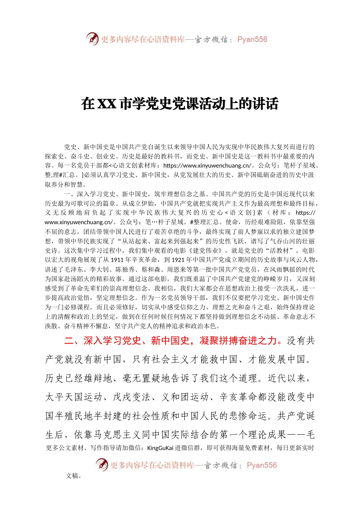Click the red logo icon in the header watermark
[x=92, y=39]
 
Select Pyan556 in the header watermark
[x=252, y=39]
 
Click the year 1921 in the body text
[x=178, y=260]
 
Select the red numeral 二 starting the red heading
[x=69, y=340]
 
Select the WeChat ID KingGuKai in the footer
[x=160, y=448]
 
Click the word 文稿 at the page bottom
[x=72, y=476]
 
